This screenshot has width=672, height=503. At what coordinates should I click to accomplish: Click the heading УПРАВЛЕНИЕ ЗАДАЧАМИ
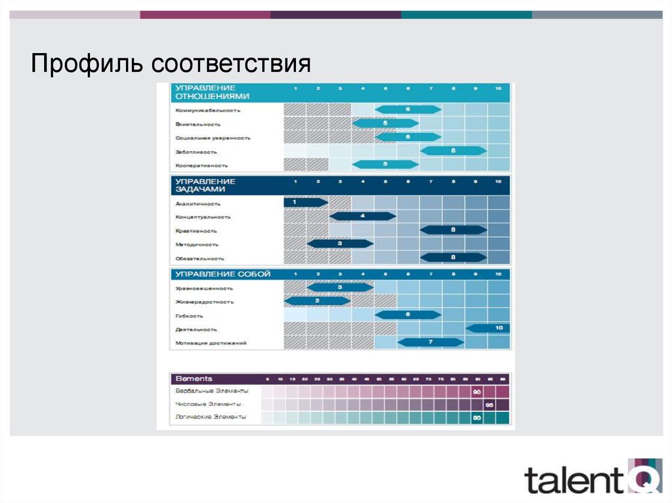pyautogui.click(x=205, y=185)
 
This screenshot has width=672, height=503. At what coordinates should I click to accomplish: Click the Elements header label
pyautogui.click(x=194, y=379)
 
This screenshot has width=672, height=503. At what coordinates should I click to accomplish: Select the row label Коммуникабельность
pyautogui.click(x=208, y=110)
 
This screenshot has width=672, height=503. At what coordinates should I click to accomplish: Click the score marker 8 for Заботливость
pyautogui.click(x=453, y=151)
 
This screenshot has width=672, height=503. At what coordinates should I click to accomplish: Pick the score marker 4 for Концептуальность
pyautogui.click(x=362, y=216)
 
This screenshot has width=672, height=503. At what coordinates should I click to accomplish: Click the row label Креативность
pyautogui.click(x=196, y=231)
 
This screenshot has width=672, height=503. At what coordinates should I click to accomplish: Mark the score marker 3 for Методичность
pyautogui.click(x=340, y=244)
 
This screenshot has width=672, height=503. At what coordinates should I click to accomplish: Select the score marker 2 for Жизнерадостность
pyautogui.click(x=317, y=301)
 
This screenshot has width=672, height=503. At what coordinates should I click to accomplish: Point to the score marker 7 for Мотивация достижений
pyautogui.click(x=430, y=342)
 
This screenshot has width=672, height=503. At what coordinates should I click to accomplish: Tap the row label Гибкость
pyautogui.click(x=190, y=315)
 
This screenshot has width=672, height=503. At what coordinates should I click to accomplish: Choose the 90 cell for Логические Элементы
pyautogui.click(x=477, y=418)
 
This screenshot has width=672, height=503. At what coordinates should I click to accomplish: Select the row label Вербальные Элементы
pyautogui.click(x=212, y=391)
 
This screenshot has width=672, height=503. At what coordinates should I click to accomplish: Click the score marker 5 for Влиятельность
pyautogui.click(x=385, y=123)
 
